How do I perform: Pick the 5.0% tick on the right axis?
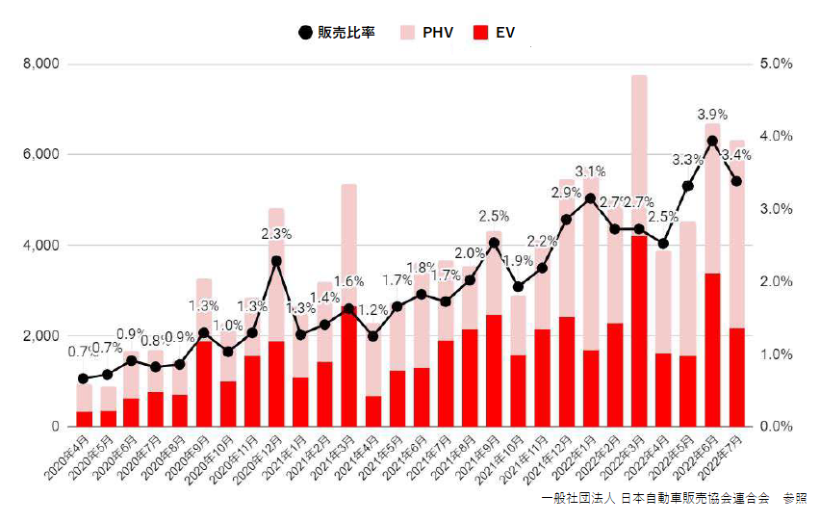point(776,65)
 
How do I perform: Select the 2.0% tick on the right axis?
point(776,281)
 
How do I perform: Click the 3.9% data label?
point(712,115)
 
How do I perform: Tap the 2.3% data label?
point(275,234)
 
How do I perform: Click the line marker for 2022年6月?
point(712,141)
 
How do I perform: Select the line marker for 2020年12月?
point(276,260)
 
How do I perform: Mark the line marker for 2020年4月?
point(84,379)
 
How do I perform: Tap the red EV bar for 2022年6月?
point(712,350)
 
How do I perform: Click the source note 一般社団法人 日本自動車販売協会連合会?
point(655,498)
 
